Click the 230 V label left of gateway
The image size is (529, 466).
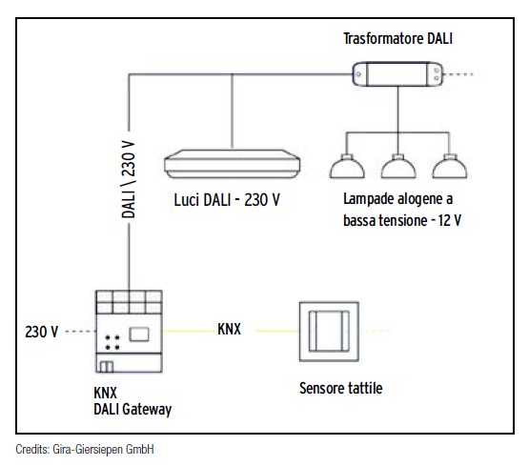click(42, 332)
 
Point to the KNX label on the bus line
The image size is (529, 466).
click(229, 329)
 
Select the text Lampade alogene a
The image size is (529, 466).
click(397, 202)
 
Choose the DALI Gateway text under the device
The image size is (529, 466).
click(133, 408)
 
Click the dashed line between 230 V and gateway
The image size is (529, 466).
click(77, 332)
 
